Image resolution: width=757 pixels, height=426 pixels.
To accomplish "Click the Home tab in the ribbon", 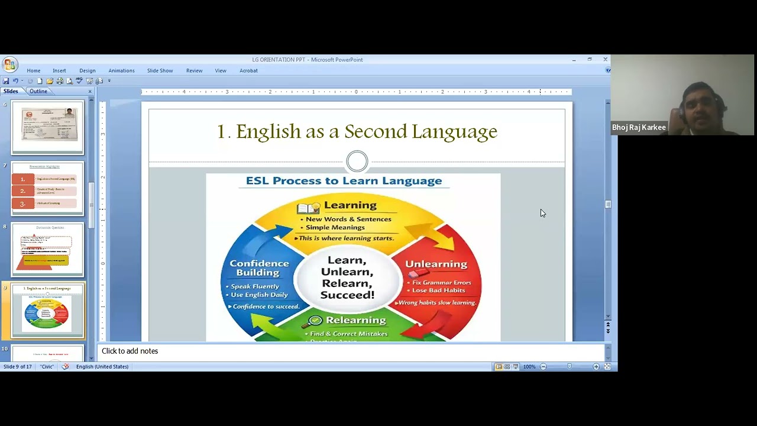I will [34, 70].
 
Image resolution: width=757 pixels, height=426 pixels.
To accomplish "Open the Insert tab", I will [59, 70].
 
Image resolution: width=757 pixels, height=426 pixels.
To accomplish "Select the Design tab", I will [87, 70].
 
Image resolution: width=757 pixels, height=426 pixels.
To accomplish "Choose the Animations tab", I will [121, 70].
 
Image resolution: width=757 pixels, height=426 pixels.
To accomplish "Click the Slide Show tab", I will [160, 70].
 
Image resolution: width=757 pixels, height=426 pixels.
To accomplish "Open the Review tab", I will [194, 70].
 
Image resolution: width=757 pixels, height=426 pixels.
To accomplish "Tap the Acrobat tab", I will [248, 70].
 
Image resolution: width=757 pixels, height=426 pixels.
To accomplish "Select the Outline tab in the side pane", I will [38, 91].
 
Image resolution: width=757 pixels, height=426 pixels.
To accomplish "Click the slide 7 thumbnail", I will [47, 189].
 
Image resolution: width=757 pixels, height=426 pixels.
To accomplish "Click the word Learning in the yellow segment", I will [350, 205].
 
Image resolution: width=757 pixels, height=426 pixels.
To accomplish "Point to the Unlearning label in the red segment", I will [436, 264].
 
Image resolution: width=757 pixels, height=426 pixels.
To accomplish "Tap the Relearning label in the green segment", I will [355, 320].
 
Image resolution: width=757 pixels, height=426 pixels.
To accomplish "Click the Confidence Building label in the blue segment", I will [259, 268].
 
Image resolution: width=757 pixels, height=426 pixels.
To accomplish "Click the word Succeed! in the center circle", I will [347, 295].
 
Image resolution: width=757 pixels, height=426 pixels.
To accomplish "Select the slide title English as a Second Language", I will [357, 131].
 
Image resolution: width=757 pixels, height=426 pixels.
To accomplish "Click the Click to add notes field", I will [130, 351].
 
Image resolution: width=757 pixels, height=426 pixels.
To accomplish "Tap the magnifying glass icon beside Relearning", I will [315, 321].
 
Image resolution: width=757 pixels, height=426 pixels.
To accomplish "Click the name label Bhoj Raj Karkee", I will [639, 127].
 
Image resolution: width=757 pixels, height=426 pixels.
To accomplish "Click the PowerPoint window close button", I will [605, 59].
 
